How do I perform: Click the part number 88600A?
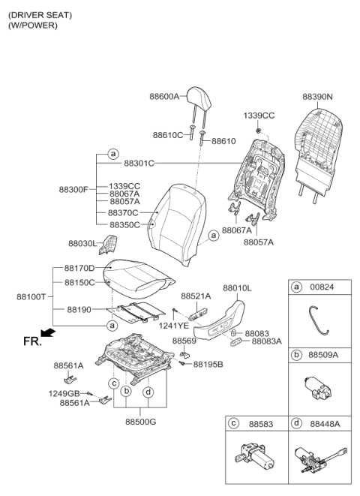[x=164, y=96]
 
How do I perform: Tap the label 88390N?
[x=317, y=97]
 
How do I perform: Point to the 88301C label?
[x=139, y=163]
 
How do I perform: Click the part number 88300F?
[x=73, y=189]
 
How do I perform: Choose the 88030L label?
[x=82, y=243]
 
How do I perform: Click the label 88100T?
[x=31, y=296]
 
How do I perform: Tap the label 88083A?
[x=267, y=341]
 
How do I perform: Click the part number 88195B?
[x=208, y=364]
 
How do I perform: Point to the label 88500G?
[x=140, y=422]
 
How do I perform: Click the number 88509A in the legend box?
[x=325, y=354]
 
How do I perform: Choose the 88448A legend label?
[x=325, y=424]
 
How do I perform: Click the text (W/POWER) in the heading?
[x=33, y=26]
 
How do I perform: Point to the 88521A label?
[x=196, y=297]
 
